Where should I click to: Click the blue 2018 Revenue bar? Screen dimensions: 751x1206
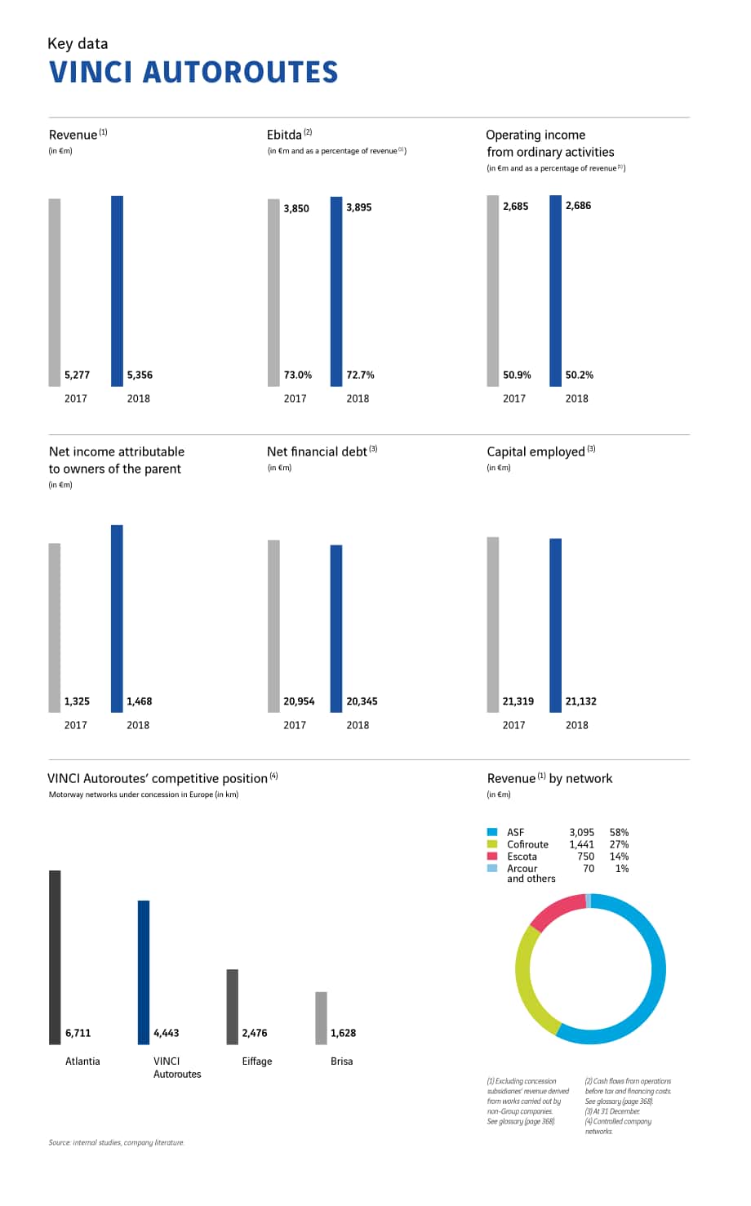[117, 291]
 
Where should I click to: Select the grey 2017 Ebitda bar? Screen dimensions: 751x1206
[273, 292]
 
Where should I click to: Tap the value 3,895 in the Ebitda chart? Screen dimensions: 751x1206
[358, 207]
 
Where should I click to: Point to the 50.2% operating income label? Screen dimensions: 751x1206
[580, 375]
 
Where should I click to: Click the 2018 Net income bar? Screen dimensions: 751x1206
[117, 619]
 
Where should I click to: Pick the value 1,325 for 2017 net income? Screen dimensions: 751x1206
[77, 701]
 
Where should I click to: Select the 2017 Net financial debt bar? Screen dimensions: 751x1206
[273, 626]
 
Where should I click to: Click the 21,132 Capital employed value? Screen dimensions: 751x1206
[581, 701]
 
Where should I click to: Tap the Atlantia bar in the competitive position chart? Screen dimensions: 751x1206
[55, 957]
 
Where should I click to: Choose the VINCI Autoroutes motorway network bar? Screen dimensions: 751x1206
[144, 972]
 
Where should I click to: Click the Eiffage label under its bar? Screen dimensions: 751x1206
[257, 1061]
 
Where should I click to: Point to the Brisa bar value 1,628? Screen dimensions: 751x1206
[343, 1033]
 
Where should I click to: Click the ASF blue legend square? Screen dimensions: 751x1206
[492, 832]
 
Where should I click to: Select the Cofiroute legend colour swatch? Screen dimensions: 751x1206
[492, 843]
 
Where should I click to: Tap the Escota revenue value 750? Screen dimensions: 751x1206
[586, 856]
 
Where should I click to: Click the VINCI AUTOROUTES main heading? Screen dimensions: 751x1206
[193, 72]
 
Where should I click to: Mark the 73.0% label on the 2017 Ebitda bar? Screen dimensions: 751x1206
[298, 375]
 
